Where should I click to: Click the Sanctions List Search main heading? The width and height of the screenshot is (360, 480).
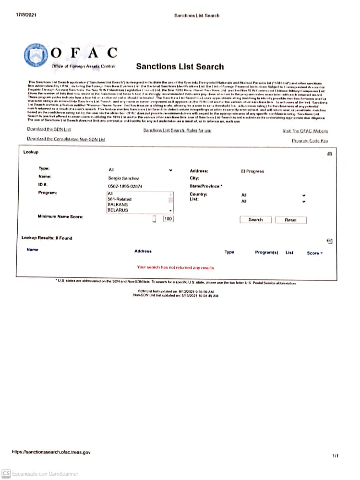coord(180,66)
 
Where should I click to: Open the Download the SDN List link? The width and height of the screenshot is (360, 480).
coord(49,130)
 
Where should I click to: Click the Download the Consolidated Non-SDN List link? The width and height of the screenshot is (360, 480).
coord(66,139)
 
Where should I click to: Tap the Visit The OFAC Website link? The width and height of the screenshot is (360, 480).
coord(305,131)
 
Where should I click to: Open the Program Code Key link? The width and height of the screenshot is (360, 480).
coord(310,141)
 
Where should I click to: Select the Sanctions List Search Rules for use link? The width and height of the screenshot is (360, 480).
coord(177,131)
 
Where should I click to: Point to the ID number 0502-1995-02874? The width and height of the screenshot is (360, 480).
coord(125,186)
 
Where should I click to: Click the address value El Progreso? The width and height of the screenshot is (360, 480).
coord(252,171)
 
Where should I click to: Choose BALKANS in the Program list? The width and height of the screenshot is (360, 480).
coord(118,204)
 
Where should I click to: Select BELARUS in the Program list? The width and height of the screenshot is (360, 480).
coord(118,210)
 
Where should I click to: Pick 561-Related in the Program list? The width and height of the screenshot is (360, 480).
coord(120,199)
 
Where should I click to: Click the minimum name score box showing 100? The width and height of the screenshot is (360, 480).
coord(168,219)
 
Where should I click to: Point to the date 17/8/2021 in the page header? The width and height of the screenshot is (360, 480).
coord(26,15)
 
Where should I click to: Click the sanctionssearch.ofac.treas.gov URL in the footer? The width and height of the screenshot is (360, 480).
coord(51,452)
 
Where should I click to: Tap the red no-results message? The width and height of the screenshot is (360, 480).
coord(176,267)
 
